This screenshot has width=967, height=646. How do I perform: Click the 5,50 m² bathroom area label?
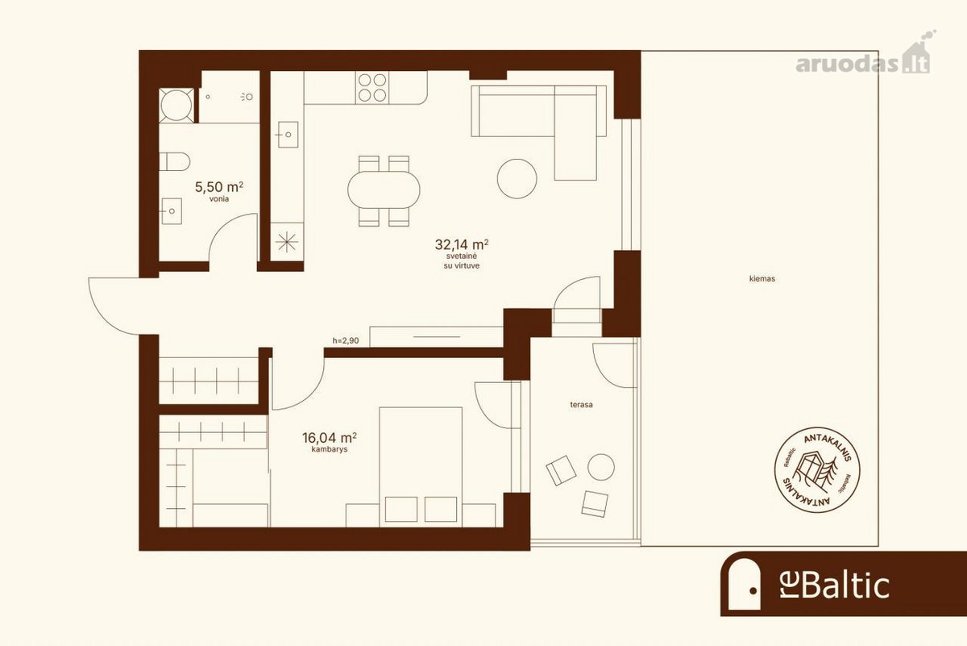click(x=219, y=187)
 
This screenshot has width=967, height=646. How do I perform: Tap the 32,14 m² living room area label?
click(x=462, y=244)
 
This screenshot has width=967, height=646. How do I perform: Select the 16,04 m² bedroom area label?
click(x=330, y=438)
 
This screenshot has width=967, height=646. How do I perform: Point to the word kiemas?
click(x=762, y=279)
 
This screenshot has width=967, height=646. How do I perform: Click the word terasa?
click(x=581, y=405)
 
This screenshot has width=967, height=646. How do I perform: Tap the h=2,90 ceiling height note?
click(x=346, y=340)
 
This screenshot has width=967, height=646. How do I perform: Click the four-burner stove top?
click(x=372, y=88)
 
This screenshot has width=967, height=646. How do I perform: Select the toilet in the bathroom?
click(x=174, y=161)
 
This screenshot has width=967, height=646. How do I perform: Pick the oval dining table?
click(x=384, y=190)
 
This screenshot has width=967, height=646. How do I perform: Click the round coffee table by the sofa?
click(x=517, y=178)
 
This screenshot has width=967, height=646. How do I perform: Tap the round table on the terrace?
click(x=601, y=467)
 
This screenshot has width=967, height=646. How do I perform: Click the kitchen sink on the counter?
click(x=288, y=135)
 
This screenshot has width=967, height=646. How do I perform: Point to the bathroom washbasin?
click(x=171, y=210)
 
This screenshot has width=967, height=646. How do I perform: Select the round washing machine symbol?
click(x=176, y=106)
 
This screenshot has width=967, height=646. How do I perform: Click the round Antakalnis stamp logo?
click(x=817, y=469)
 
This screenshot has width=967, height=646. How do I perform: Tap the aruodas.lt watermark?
click(x=862, y=61)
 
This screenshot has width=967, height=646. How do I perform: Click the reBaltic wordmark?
click(x=835, y=586)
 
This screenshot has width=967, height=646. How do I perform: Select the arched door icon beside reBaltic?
click(x=745, y=583)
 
